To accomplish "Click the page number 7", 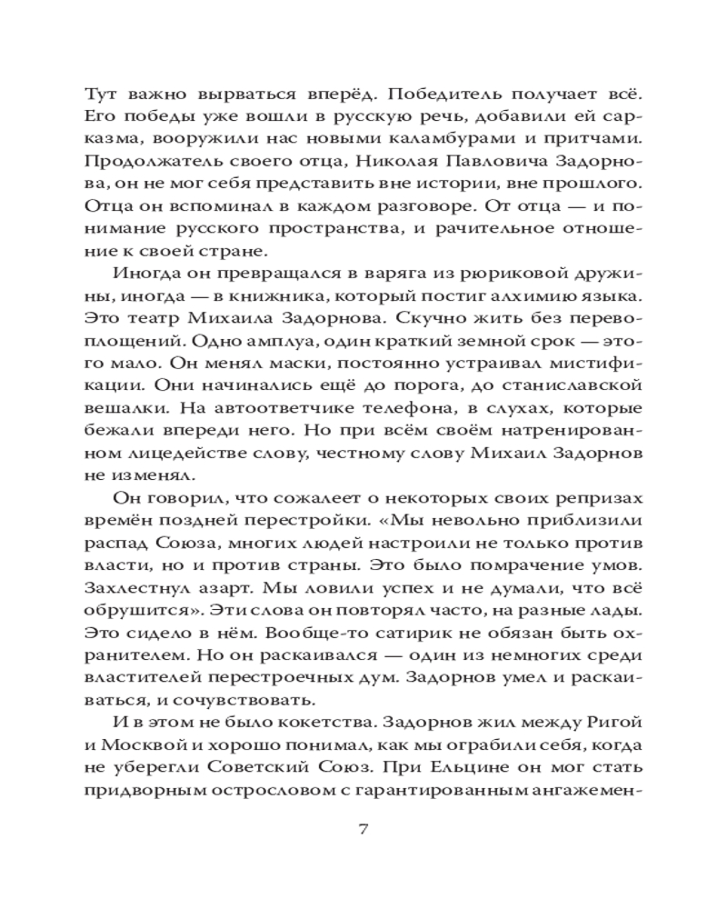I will coord(363,830).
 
